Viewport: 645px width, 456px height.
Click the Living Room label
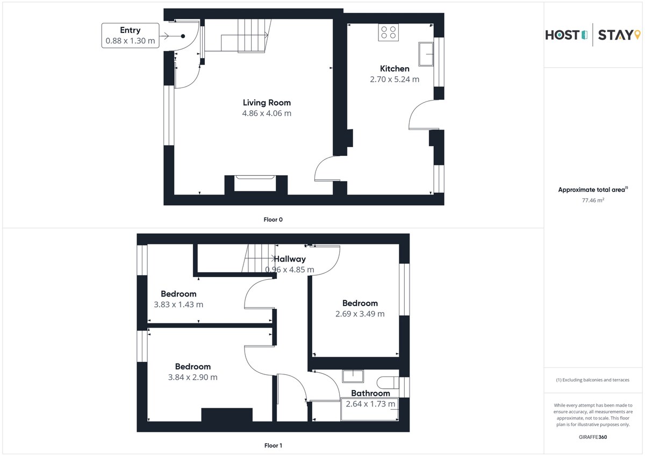(x=267, y=103)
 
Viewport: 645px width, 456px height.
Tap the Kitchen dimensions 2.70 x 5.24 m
(x=395, y=79)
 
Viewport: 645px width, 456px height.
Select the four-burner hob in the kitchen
(x=389, y=33)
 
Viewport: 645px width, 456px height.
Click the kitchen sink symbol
(x=426, y=54)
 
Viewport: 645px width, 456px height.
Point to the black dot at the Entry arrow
(x=183, y=36)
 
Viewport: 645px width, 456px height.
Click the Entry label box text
(x=130, y=35)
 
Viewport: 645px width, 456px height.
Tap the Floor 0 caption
(x=273, y=220)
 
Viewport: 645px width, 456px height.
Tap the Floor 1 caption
(x=273, y=445)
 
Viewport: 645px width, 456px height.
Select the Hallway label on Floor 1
(x=290, y=259)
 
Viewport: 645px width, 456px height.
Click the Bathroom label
(x=370, y=393)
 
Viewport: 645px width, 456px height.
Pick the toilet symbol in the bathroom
(x=388, y=382)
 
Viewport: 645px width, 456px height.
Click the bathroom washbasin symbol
(x=353, y=376)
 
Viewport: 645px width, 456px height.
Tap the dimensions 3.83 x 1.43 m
(x=178, y=305)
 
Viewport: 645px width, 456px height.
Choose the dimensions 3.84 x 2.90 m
(x=192, y=377)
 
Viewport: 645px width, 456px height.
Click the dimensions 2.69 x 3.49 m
(x=360, y=314)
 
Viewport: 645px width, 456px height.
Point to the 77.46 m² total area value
(x=593, y=200)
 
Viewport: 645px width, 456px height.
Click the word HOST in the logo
(x=562, y=35)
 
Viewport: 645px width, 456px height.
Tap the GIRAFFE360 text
(x=593, y=437)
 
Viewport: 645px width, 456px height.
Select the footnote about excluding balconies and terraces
(x=592, y=380)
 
